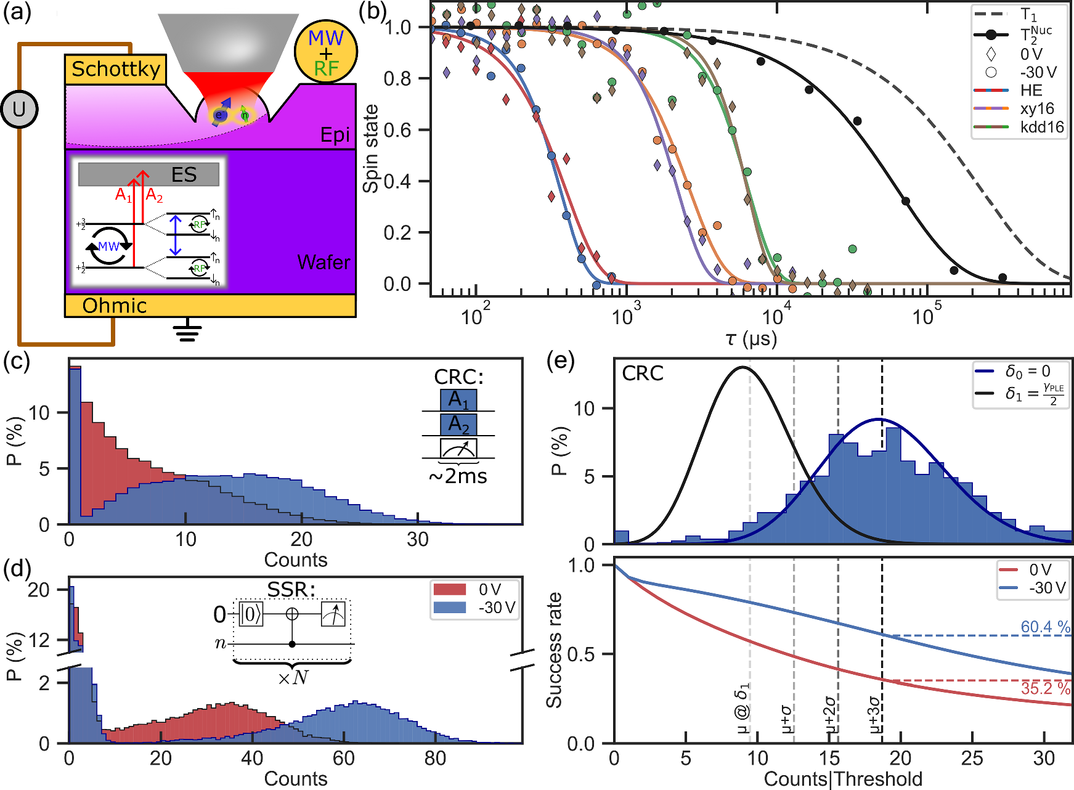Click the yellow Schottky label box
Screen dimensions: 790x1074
115,69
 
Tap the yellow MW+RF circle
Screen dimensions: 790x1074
325,52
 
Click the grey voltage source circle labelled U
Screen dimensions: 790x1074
19,110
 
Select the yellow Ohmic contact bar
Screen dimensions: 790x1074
210,306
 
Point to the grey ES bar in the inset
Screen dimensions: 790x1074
148,174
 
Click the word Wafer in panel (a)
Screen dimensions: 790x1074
323,263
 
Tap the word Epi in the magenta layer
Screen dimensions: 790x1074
335,135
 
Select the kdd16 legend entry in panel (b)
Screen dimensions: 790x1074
1041,127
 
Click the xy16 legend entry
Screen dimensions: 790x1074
1037,108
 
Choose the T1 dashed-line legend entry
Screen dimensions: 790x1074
1028,15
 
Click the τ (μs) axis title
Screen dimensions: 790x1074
751,338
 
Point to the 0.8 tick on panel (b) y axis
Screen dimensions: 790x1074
397,79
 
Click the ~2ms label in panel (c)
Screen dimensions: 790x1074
457,476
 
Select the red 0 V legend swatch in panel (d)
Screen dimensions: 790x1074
450,590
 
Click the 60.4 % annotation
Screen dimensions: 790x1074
1045,627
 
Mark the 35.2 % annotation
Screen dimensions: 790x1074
1045,688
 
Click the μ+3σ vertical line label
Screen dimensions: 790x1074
875,714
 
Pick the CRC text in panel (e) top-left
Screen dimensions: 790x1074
642,373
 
